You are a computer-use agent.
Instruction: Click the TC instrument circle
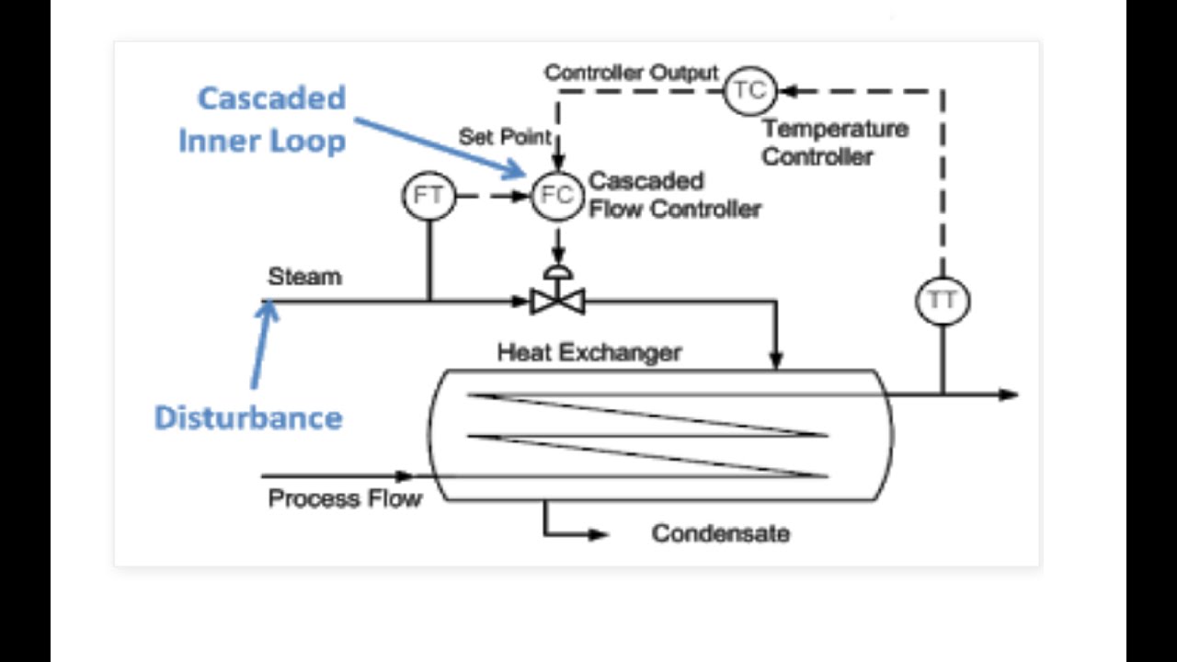pos(749,90)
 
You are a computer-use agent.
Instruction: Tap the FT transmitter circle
pos(429,196)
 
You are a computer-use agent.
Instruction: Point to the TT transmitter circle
pos(943,301)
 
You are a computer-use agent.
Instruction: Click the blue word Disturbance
pos(248,417)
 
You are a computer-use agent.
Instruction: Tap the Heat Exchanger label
pos(589,352)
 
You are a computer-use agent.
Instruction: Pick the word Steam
pos(304,277)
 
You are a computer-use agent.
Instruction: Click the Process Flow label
pos(345,499)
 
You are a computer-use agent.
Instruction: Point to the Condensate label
pos(720,533)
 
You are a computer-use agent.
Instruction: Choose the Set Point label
pos(505,137)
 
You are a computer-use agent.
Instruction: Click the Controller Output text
pos(631,73)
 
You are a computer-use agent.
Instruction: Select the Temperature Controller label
pos(834,143)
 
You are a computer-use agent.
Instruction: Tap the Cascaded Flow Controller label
pos(674,195)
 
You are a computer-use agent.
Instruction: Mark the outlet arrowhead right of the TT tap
pos(1009,394)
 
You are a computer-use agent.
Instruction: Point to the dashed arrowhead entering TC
pos(787,90)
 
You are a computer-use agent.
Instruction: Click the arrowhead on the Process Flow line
pos(405,476)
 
